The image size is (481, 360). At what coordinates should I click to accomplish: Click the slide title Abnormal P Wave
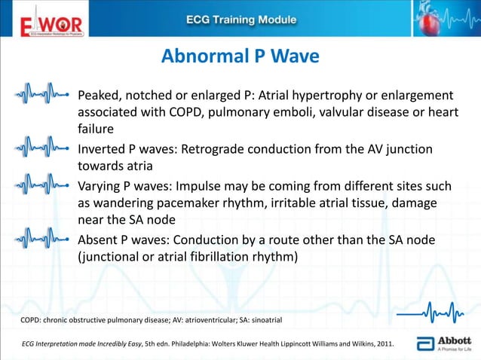pyautogui.click(x=240, y=56)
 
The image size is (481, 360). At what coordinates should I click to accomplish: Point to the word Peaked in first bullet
pyautogui.click(x=100, y=96)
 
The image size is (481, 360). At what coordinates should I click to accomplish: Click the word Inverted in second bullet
pyautogui.click(x=103, y=149)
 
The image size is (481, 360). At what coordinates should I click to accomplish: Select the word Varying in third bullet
pyautogui.click(x=101, y=185)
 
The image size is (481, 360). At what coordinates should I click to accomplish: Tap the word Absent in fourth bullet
pyautogui.click(x=99, y=239)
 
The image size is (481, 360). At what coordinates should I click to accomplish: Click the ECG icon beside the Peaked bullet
pyautogui.click(x=44, y=96)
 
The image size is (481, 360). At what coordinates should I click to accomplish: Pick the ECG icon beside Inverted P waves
pyautogui.click(x=44, y=143)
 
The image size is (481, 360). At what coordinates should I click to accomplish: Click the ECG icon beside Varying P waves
pyautogui.click(x=44, y=185)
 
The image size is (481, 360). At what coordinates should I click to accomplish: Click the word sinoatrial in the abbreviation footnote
pyautogui.click(x=262, y=320)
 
